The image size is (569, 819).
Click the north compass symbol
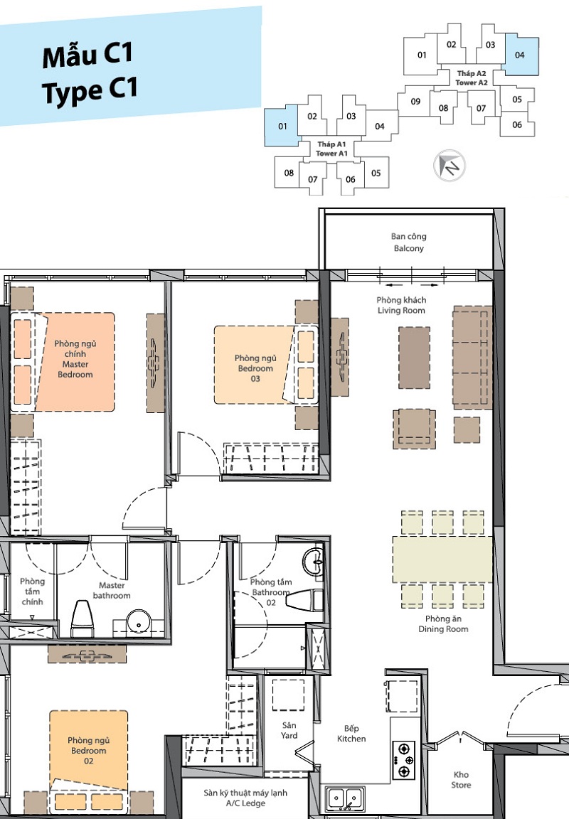(x=450, y=166)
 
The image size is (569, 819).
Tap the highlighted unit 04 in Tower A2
(x=521, y=55)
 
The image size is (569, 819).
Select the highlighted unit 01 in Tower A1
(x=282, y=126)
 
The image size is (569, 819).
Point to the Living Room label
(x=401, y=305)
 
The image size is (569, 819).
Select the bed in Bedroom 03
(x=266, y=365)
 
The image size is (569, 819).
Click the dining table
(x=442, y=560)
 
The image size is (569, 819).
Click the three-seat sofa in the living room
(x=472, y=358)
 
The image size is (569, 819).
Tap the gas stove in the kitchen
(x=404, y=760)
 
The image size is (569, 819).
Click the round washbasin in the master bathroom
(x=139, y=621)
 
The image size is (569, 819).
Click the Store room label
(x=462, y=779)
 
